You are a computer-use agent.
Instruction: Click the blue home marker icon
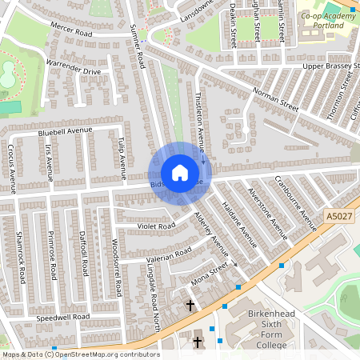180,173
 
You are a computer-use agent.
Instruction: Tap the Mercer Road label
72,31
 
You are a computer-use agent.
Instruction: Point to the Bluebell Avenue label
65,130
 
